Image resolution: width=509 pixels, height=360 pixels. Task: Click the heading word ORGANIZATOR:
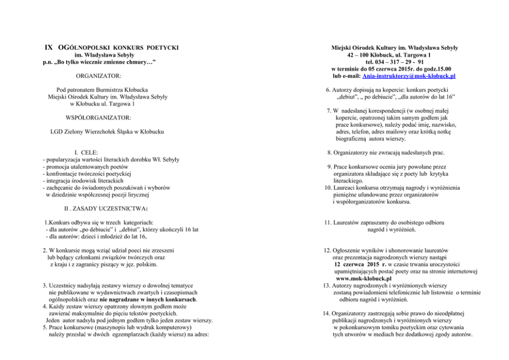click(98, 77)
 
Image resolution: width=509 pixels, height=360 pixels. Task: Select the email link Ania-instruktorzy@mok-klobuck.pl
click(409, 76)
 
